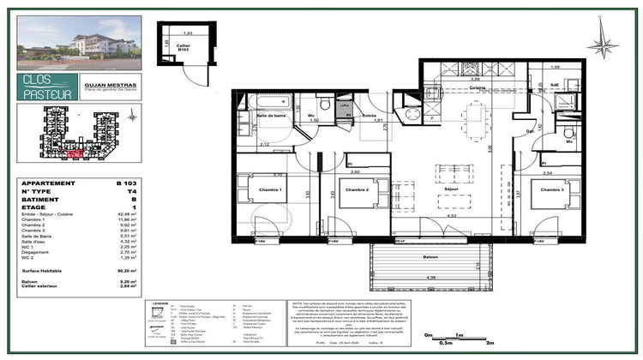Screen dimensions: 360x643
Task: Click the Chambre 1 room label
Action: point(254,190)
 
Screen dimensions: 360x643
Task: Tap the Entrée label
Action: point(370,116)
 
